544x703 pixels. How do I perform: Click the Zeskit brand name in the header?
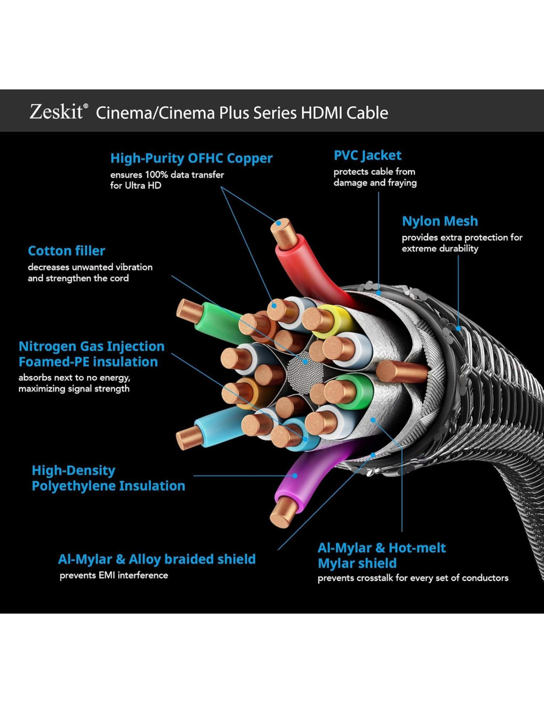(56, 112)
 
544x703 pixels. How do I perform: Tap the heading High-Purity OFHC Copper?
(191, 158)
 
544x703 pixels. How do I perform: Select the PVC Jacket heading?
(367, 155)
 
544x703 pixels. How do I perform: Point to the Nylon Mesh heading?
(440, 221)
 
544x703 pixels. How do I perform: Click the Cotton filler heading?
(66, 251)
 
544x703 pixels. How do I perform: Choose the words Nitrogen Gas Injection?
(91, 346)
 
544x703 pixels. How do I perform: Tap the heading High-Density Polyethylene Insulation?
(108, 478)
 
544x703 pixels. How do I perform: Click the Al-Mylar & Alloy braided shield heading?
(157, 559)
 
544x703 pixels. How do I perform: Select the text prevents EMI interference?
(114, 575)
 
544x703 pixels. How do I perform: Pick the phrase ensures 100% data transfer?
(167, 175)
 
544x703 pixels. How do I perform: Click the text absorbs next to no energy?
(74, 377)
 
